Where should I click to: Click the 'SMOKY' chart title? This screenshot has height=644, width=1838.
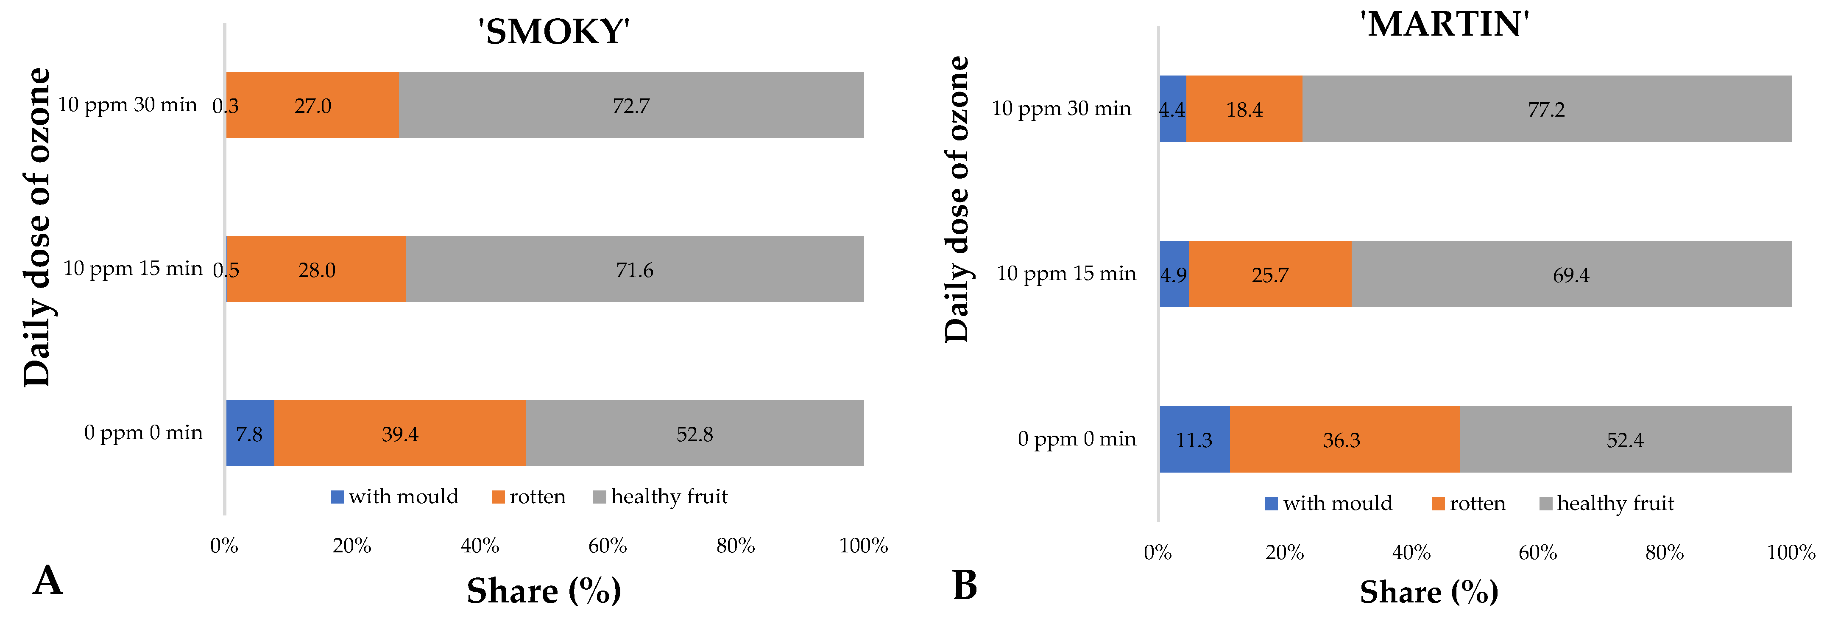click(554, 31)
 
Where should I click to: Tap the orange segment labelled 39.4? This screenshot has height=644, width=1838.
click(400, 434)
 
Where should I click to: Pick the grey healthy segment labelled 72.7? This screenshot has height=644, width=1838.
click(631, 105)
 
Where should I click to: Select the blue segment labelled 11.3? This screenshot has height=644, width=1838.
click(1194, 439)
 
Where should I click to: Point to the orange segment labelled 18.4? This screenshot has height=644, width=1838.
click(1244, 109)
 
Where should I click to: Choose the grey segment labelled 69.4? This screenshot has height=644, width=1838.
click(1571, 274)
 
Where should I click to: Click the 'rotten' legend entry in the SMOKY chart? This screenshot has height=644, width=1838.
click(529, 496)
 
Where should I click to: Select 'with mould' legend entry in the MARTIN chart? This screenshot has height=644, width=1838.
click(1328, 503)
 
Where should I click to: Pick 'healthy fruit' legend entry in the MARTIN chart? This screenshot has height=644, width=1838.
click(1607, 503)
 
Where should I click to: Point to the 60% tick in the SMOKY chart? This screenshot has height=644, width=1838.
click(607, 546)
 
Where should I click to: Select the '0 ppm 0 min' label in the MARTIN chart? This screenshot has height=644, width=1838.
click(1077, 438)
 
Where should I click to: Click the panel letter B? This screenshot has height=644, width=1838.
click(965, 585)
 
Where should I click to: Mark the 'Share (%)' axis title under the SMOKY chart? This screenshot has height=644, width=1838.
click(544, 591)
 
